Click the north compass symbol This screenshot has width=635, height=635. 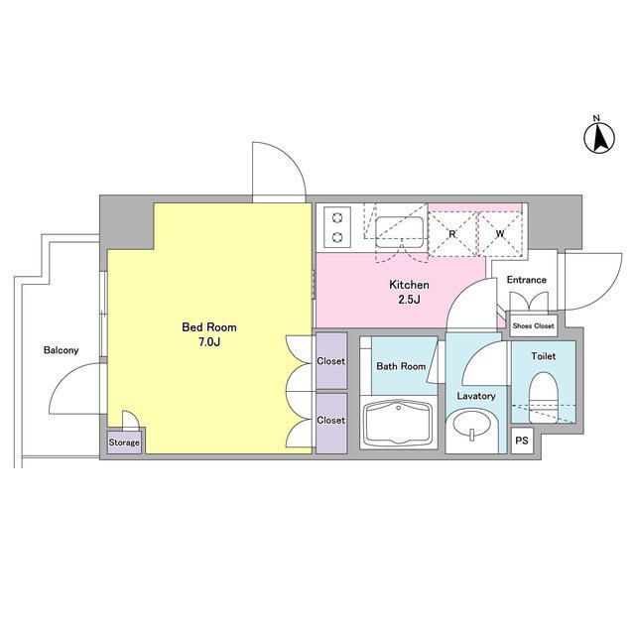599,138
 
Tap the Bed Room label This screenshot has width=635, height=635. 209,327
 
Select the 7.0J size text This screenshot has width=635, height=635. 209,342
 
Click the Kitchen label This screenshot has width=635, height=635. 409,285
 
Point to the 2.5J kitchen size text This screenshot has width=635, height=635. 409,300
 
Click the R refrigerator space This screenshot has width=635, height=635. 452,234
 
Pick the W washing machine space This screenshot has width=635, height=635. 500,234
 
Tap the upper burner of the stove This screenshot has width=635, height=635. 337,218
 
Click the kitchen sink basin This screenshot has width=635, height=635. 399,232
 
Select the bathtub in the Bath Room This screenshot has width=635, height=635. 399,423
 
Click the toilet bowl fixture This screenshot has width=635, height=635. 544,398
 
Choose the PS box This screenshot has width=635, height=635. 522,441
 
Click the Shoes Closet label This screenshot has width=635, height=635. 533,325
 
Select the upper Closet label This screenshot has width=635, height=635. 331,361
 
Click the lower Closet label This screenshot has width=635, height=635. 331,421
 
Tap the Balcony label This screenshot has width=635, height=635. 62,350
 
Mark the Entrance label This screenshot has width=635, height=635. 527,280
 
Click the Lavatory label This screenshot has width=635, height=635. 476,396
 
